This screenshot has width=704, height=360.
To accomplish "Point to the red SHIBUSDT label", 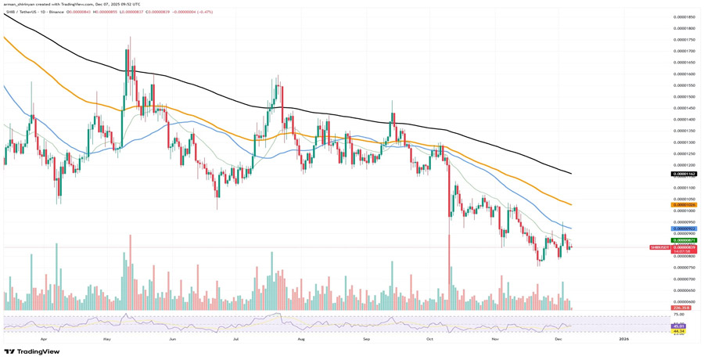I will [660, 247].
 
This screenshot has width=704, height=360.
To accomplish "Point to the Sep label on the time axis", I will [366, 340].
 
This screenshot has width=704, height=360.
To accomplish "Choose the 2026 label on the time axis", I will [623, 340].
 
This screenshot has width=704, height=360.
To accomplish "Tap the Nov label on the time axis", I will [495, 340].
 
